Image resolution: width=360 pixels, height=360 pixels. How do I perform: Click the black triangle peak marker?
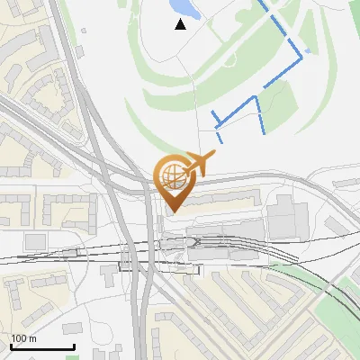click(181, 24)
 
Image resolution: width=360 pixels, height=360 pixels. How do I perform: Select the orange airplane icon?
click(203, 163)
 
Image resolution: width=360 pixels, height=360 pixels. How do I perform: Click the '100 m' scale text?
click(23, 338)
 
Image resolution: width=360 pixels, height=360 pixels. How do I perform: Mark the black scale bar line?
click(42, 346)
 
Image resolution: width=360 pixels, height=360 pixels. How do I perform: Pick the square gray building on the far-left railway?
click(35, 241)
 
